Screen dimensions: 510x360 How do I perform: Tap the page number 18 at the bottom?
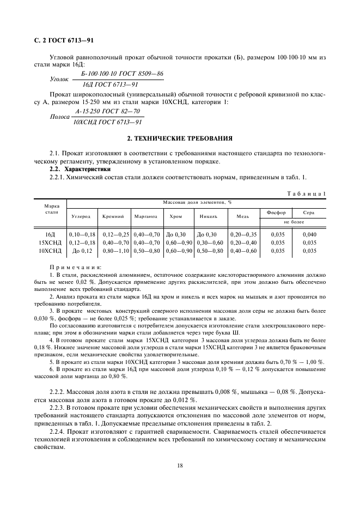(179, 465)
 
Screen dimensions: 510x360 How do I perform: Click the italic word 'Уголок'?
(59, 79)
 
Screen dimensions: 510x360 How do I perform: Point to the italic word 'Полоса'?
(60, 117)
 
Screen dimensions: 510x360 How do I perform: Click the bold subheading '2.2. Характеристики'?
(80, 169)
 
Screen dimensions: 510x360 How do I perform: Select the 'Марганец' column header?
(146, 216)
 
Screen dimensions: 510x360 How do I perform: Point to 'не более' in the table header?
(292, 222)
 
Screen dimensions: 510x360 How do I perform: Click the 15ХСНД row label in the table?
(51, 242)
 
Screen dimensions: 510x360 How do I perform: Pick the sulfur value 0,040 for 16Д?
(309, 234)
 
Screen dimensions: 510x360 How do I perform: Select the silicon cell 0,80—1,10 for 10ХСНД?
(115, 251)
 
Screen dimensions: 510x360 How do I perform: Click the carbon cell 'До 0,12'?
(83, 251)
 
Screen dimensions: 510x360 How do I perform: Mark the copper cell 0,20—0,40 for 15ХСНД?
(243, 242)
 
